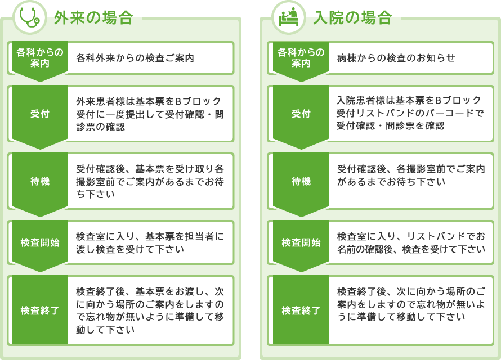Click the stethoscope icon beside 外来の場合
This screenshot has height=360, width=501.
30,17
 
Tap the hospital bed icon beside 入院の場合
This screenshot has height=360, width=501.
289,17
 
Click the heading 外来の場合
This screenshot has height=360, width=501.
93,17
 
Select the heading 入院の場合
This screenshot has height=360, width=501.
352,17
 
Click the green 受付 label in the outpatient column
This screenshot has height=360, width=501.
40,114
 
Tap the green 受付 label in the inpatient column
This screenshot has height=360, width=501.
301,114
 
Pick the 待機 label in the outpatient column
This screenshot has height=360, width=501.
40,181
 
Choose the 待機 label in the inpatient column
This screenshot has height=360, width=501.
301,181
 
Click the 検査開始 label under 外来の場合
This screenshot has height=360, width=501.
40,242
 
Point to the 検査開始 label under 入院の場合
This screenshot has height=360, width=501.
301,242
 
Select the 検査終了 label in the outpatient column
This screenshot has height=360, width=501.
40,310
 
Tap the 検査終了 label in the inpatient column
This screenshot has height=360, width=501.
301,310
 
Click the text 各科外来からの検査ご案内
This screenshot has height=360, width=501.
135,58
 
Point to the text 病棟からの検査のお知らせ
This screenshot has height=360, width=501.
396,58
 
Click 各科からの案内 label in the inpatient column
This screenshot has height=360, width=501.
301,57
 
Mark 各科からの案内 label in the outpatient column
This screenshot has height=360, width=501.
40,57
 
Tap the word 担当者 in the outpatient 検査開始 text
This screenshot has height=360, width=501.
199,236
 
